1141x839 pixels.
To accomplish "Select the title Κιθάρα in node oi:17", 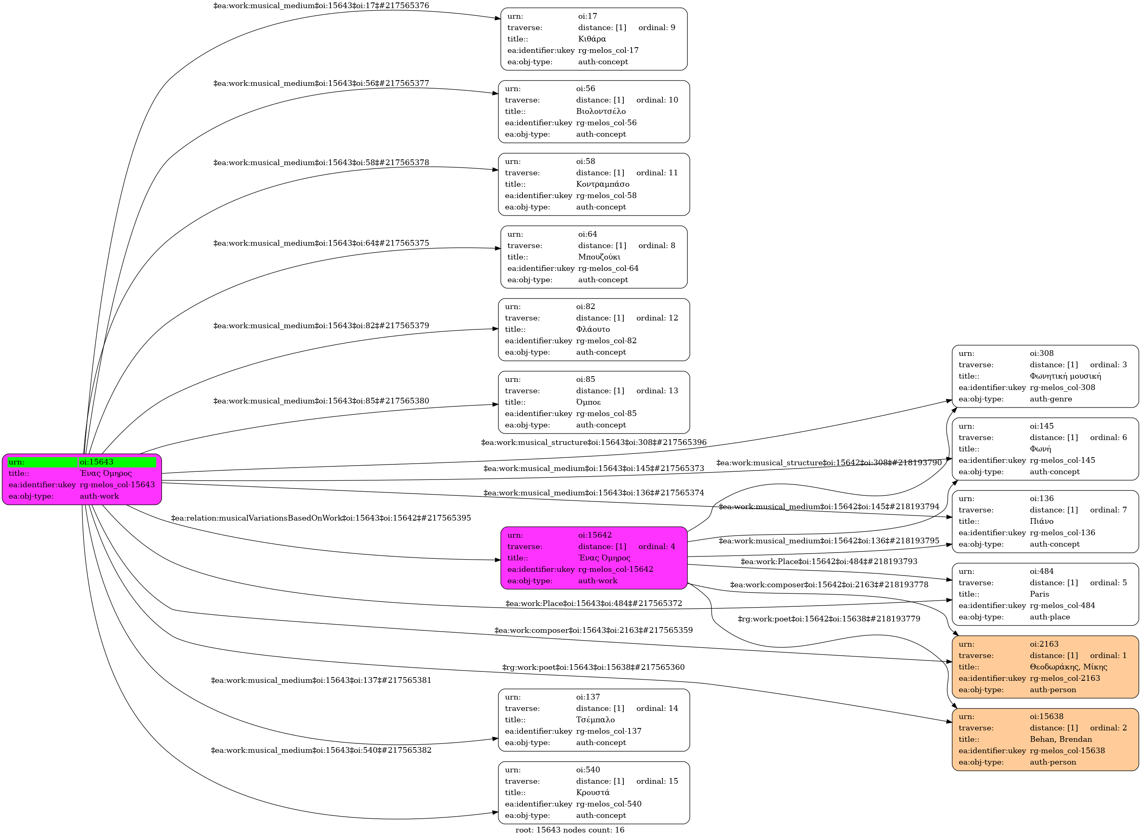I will (592, 39).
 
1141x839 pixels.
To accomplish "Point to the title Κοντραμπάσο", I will (603, 184).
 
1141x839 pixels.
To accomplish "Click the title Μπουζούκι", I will (599, 257).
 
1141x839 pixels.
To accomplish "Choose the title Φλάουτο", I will (593, 329).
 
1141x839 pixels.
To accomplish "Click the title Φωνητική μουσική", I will (1065, 376).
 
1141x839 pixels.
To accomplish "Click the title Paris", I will (1039, 594).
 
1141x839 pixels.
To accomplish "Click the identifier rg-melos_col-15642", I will (616, 569).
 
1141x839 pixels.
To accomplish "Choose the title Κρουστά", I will (593, 792).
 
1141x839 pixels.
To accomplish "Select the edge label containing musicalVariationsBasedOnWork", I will (321, 519).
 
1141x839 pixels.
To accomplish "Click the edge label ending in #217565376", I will (321, 6).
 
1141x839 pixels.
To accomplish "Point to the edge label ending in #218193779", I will (829, 619).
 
